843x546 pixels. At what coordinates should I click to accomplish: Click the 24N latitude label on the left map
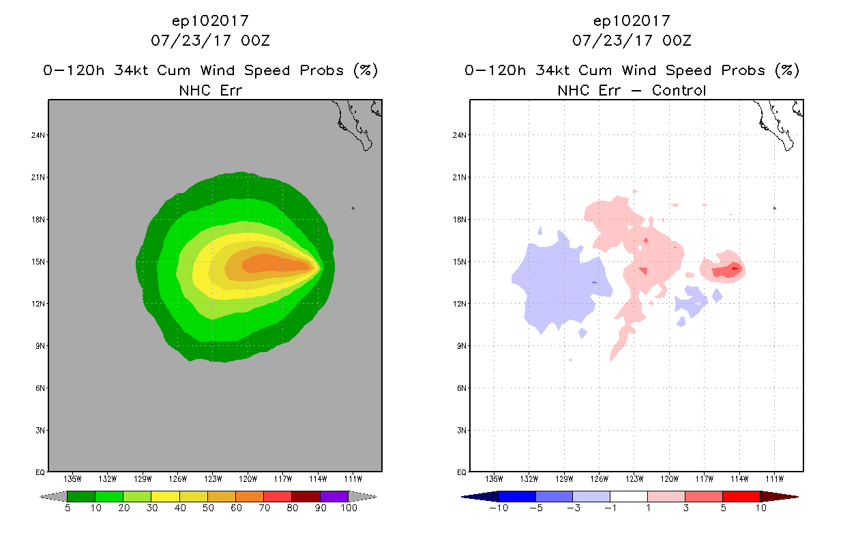[x=38, y=135]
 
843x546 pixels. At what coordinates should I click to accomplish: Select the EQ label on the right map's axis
[x=460, y=472]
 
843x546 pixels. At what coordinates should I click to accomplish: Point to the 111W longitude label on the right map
[x=774, y=478]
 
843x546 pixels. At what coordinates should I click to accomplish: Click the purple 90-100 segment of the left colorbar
[x=334, y=496]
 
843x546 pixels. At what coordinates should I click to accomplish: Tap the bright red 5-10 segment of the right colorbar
[x=741, y=496]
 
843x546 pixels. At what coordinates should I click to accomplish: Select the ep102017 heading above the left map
[x=210, y=21]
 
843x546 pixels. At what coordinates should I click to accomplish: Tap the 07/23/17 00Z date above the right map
[x=632, y=40]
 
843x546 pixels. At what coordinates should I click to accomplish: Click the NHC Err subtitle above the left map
[x=210, y=90]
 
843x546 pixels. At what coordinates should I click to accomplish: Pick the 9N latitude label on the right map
[x=460, y=346]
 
